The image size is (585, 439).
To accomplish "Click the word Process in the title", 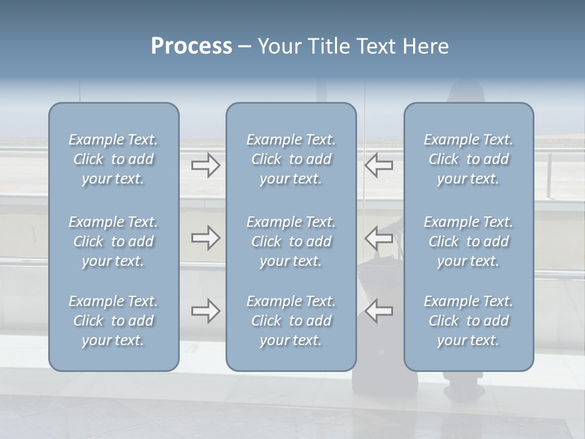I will point(191,46).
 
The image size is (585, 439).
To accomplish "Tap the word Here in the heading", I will point(425,46).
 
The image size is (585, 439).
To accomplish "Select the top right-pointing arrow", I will point(206,165).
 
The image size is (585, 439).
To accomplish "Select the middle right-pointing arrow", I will point(206,238).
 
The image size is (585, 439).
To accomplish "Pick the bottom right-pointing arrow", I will point(206,311).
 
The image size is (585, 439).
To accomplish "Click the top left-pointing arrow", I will point(379,165).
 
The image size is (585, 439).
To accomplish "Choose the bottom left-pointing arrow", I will point(379,311).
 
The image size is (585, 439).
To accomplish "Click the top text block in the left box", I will point(113,159).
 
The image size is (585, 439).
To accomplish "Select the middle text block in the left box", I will point(113,241).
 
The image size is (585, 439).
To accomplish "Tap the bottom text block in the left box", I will point(113,321).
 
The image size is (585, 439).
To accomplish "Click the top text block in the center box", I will point(291,159).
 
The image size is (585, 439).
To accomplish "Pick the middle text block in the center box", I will point(291,241).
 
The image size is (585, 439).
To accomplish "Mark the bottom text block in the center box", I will point(291,321).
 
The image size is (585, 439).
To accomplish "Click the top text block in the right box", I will point(469,159).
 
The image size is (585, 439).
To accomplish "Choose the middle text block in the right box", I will point(469,241).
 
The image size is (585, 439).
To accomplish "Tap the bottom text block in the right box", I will point(469,321).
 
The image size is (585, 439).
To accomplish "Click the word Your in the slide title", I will point(278,46).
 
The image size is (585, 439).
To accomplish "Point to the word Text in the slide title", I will point(373,46).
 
